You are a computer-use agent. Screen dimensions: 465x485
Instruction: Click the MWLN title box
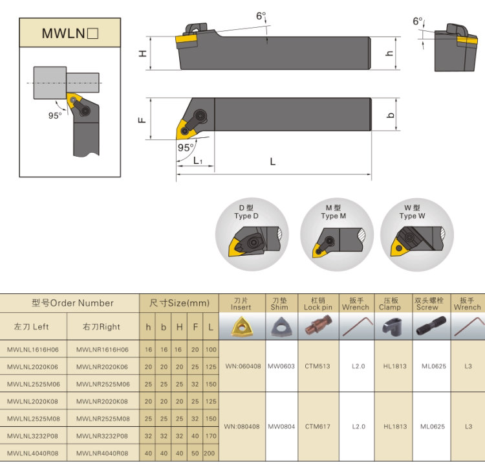coord(70,32)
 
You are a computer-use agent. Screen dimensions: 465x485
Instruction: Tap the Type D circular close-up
coord(252,234)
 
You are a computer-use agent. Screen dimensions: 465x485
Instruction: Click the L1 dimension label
coord(198,161)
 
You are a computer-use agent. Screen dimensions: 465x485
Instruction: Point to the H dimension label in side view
coord(143,54)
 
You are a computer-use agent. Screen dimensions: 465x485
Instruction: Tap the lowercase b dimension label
coord(389,115)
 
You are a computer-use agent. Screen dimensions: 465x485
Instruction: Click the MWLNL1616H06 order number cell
coord(36,349)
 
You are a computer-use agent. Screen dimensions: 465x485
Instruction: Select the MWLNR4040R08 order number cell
coord(103,453)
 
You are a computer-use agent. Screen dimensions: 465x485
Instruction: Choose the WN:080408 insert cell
coord(242,427)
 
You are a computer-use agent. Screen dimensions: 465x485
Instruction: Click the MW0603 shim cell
coord(281,366)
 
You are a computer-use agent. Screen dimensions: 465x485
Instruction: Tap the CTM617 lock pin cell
coord(318,427)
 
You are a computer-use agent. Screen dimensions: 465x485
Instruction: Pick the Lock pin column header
coord(318,304)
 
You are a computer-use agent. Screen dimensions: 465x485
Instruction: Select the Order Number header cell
coord(72,303)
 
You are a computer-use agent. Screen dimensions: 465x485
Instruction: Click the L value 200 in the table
coord(210,453)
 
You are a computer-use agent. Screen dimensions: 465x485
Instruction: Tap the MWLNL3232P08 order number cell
coord(36,436)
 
